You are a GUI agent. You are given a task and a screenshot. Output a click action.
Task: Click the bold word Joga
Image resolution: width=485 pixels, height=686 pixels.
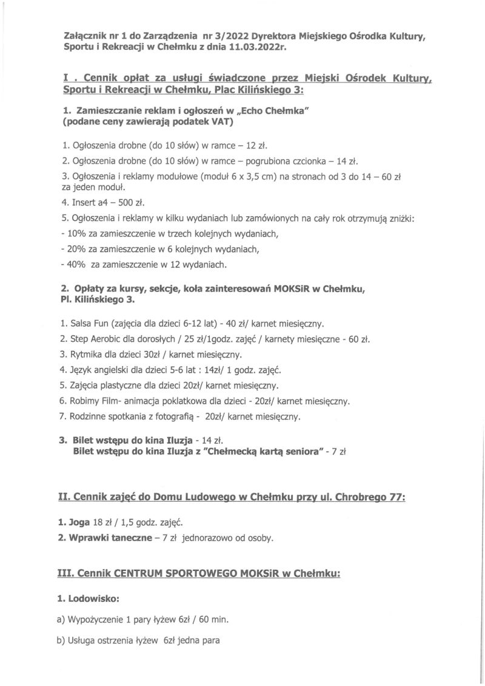[x=77, y=522]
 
